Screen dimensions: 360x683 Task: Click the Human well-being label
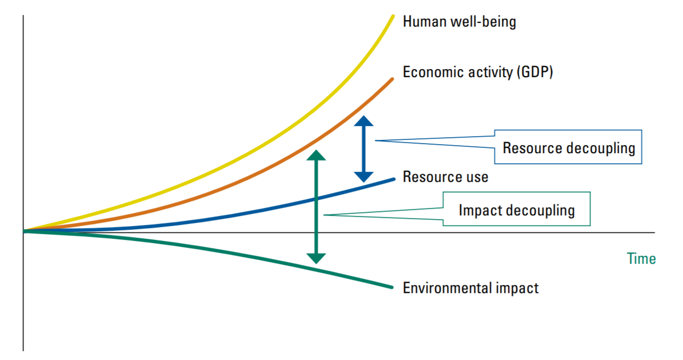click(459, 22)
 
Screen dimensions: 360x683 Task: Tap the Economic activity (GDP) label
click(478, 72)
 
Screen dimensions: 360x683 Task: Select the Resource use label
click(445, 177)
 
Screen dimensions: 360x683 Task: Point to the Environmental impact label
click(470, 288)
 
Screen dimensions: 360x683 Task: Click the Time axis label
click(642, 259)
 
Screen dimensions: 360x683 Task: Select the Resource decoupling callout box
click(568, 147)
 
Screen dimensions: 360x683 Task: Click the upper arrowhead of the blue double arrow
click(364, 121)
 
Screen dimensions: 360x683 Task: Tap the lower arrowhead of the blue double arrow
click(364, 177)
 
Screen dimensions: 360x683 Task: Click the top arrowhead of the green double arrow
click(316, 155)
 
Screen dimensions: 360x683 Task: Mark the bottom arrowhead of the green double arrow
click(316, 258)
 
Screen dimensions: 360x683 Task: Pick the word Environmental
click(448, 288)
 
